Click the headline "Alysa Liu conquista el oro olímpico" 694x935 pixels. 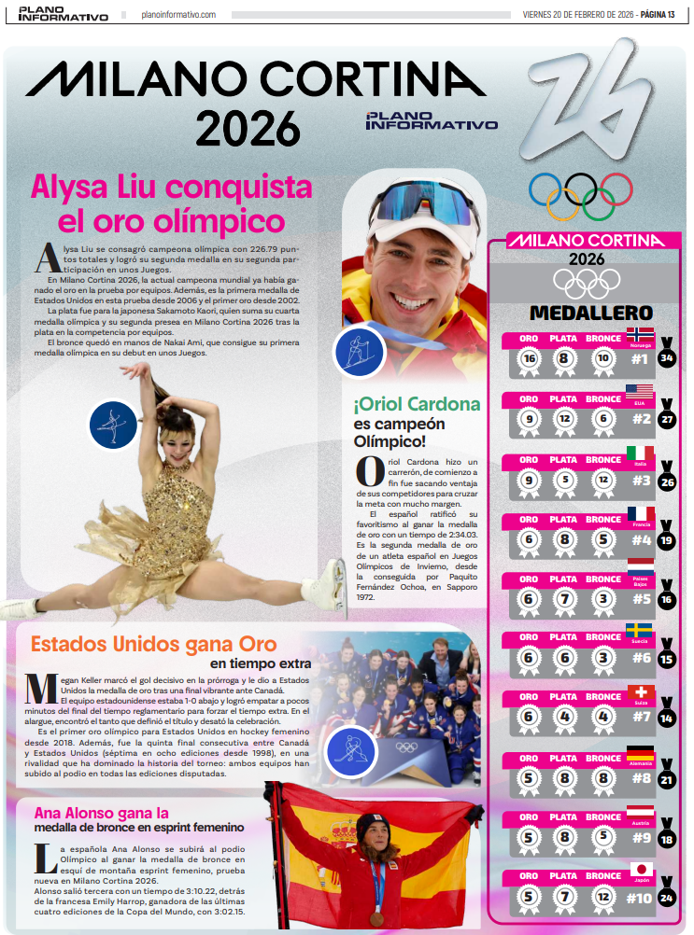(x=171, y=204)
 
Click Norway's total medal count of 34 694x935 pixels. (x=667, y=358)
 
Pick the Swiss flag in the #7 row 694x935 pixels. (x=641, y=693)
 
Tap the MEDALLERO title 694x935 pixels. (x=590, y=312)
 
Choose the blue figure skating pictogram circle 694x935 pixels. (x=114, y=425)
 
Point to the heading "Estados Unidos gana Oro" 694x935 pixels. (x=154, y=644)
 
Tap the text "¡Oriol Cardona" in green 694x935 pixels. (x=417, y=405)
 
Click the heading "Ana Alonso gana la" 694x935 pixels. (x=101, y=812)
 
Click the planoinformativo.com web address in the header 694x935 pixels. (x=178, y=15)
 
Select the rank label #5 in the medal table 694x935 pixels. (x=641, y=598)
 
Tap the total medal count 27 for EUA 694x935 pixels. (x=667, y=420)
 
